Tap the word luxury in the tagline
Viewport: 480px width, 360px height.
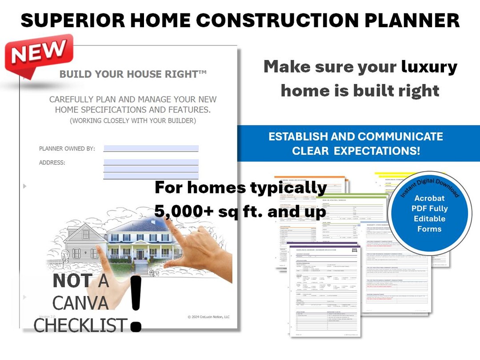pos(429,67)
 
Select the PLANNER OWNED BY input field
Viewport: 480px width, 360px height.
pos(151,148)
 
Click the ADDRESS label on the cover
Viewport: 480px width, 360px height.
pos(52,163)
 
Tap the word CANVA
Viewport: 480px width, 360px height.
pos(80,303)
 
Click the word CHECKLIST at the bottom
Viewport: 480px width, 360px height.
pos(80,326)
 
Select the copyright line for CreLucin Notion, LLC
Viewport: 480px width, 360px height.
pos(208,317)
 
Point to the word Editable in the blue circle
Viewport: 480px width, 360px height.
pos(429,219)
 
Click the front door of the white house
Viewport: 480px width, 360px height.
pos(140,255)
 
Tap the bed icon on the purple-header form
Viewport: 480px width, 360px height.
pos(354,251)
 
